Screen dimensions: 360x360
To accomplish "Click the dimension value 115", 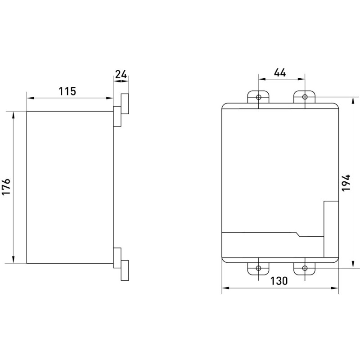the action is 67,91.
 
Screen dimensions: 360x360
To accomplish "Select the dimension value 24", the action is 121,75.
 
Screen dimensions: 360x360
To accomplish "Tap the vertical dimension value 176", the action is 6,186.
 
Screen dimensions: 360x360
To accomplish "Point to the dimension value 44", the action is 280,72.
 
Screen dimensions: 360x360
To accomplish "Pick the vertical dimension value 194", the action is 346,183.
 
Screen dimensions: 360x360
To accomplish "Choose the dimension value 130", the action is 279,281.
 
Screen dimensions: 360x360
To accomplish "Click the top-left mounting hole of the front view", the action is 259,97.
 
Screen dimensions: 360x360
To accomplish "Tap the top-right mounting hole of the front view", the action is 305,97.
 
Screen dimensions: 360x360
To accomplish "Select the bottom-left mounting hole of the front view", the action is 259,268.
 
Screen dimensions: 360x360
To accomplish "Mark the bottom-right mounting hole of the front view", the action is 305,268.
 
